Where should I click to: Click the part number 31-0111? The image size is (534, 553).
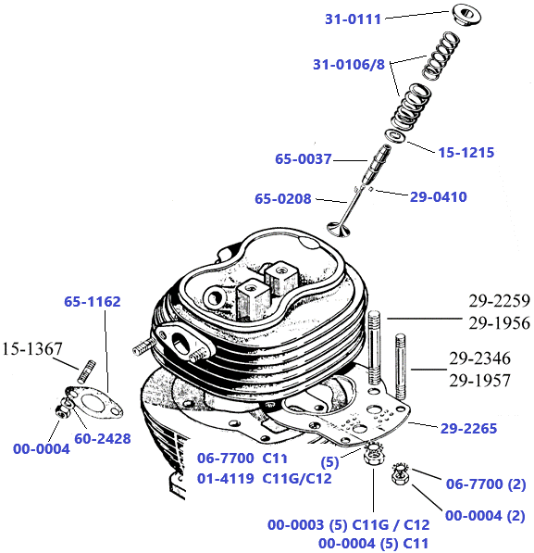pos(353,19)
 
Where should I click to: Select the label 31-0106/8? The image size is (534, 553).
pos(350,65)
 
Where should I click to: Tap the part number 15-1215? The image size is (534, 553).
pos(466,152)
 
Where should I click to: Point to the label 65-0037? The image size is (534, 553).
pos(303,159)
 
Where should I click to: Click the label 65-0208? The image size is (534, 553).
pos(283,198)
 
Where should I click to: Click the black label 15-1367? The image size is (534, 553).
pos(31,349)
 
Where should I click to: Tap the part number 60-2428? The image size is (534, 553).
pos(102,437)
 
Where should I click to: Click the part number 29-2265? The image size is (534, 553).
pos(468,428)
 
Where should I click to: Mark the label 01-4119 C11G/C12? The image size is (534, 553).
pos(264,478)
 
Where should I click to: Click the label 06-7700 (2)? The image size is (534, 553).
pos(486,484)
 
